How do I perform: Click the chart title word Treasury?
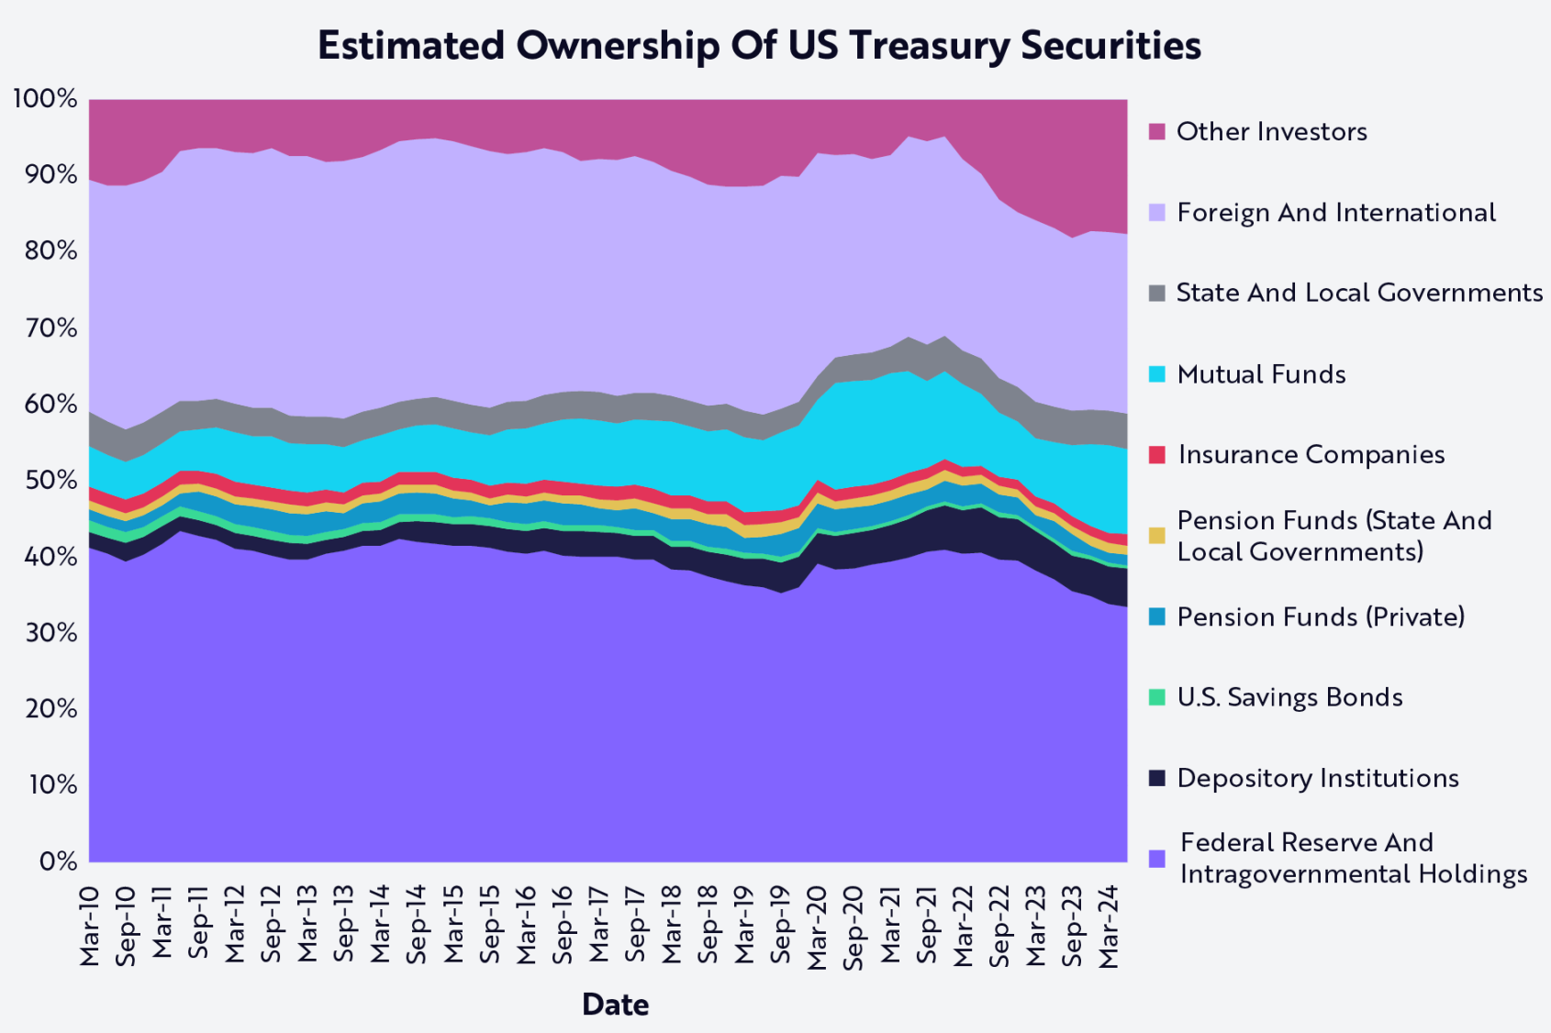point(927,46)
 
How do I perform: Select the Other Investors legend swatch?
point(1157,131)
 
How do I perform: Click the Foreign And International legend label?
point(1335,213)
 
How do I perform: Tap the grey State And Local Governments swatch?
point(1157,294)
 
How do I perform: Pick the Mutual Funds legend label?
point(1261,374)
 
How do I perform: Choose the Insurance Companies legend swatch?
point(1157,455)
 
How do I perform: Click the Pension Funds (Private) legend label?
point(1320,616)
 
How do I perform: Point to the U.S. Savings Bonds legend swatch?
point(1157,697)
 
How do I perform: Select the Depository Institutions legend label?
point(1317,778)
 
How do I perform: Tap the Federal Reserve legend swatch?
point(1157,859)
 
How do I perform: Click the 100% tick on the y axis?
point(44,98)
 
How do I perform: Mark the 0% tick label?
point(57,861)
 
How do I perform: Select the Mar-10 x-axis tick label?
point(90,927)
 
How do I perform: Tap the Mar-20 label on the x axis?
point(817,927)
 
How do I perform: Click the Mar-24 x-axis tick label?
point(1109,927)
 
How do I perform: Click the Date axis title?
point(615,1005)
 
